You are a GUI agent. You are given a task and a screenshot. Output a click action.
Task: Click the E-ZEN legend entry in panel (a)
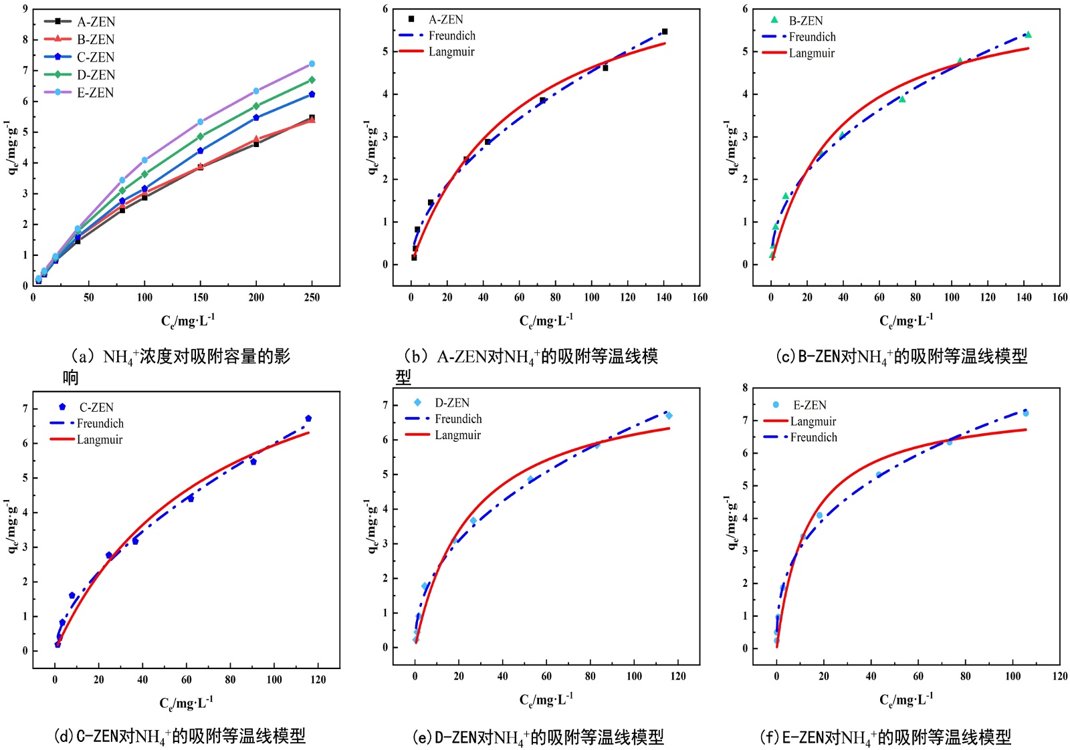click(94, 93)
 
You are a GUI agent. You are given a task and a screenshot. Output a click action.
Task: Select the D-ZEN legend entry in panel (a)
click(95, 75)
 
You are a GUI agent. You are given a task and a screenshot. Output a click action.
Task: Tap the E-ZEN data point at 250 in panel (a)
click(312, 64)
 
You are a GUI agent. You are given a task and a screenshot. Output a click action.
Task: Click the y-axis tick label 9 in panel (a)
click(25, 9)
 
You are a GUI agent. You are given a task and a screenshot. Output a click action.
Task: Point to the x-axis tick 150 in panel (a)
click(201, 297)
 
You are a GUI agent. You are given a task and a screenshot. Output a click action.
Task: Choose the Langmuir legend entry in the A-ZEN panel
click(451, 52)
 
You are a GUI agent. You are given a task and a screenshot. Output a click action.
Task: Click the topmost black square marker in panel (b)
click(664, 31)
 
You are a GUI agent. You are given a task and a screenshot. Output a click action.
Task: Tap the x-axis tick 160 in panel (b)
click(700, 297)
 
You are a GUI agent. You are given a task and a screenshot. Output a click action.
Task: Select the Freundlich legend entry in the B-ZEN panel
click(812, 37)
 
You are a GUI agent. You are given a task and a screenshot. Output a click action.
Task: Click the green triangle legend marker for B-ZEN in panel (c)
click(774, 20)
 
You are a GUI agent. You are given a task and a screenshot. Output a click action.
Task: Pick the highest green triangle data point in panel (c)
click(1028, 35)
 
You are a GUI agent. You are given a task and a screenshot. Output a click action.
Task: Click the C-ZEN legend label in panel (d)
click(96, 407)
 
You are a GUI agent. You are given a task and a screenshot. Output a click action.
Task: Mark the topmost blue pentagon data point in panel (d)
click(308, 418)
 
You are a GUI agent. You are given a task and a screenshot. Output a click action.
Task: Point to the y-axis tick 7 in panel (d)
click(25, 408)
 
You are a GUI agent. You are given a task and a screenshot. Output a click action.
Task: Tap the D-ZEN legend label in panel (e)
click(452, 402)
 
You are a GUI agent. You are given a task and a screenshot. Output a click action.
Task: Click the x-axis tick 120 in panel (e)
click(678, 676)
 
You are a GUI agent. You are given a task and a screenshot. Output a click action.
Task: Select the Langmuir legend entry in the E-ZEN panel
click(813, 421)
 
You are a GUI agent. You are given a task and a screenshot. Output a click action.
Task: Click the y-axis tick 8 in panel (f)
click(745, 388)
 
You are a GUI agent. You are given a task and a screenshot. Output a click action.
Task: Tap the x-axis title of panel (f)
click(905, 699)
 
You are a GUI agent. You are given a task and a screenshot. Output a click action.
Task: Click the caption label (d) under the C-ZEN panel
click(63, 737)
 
